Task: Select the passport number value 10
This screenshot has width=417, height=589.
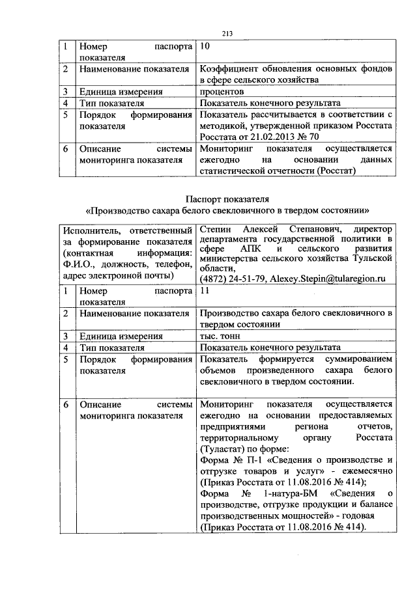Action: point(205,47)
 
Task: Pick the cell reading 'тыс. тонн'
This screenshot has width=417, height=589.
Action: point(220,336)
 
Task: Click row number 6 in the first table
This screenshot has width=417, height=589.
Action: point(65,149)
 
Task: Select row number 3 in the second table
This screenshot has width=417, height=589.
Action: point(65,336)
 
